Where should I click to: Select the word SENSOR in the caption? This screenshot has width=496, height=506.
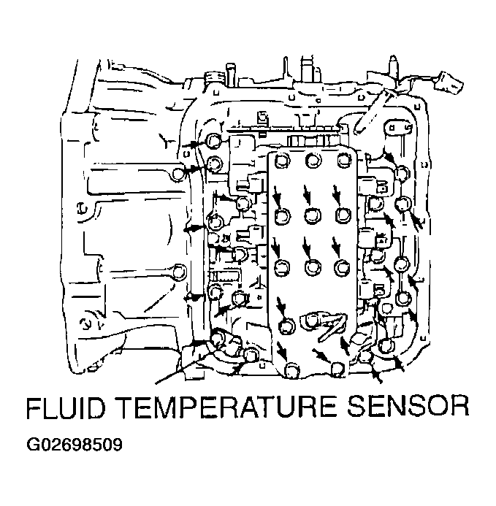pos(415,407)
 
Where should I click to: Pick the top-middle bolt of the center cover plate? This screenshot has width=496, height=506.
pos(314,161)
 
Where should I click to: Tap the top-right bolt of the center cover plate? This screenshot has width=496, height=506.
pos(344,161)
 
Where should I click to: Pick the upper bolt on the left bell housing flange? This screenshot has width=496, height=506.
pos(180,174)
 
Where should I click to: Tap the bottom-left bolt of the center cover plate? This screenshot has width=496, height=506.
pos(292,370)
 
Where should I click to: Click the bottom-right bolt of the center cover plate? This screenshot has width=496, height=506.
pos(337,369)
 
